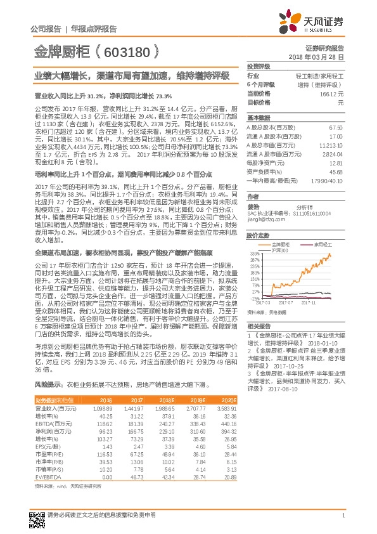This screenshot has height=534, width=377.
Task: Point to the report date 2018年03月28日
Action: pos(320,57)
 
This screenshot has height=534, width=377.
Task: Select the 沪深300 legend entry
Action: pos(279,250)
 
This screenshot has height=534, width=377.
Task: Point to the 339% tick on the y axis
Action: pos(254,252)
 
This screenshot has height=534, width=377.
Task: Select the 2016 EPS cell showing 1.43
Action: pos(106,446)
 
